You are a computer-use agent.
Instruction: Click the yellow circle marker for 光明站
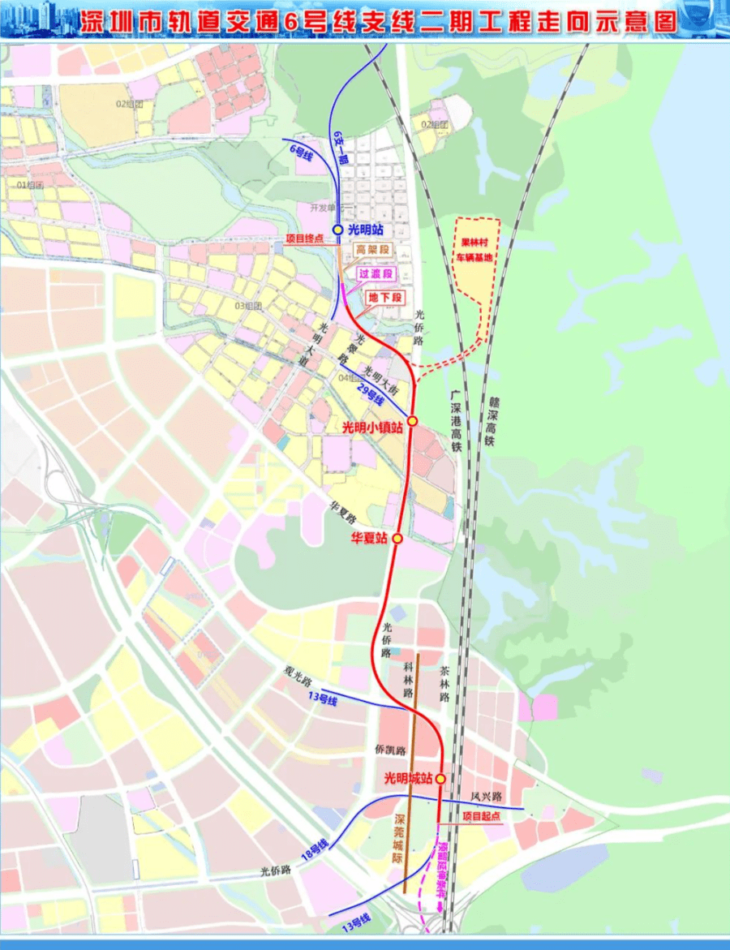pos(337,229)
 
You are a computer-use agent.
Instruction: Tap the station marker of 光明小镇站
pos(412,420)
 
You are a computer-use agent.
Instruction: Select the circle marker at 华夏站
pos(397,539)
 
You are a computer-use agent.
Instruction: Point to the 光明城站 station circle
pos(440,779)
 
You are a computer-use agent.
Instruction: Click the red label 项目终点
pos(306,239)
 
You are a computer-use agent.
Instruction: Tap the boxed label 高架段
pos(372,251)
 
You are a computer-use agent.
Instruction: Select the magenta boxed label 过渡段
pos(376,274)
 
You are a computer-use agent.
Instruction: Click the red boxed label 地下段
pos(385,298)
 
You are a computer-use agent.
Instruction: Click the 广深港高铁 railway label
pos(456,419)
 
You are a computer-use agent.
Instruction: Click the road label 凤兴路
pos(487,797)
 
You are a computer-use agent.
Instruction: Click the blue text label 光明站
pos(364,229)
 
